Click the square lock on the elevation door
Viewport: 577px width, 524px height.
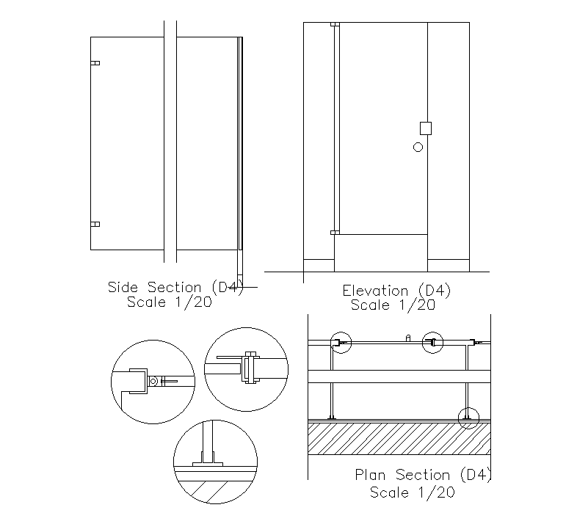[x=426, y=128]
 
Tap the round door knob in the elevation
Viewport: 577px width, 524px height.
[x=418, y=147]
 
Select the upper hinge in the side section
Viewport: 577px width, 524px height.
[x=95, y=64]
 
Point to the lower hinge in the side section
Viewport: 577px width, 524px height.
[x=95, y=224]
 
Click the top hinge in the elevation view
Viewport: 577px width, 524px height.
[x=335, y=25]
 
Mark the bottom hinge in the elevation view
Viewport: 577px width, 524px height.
[x=335, y=233]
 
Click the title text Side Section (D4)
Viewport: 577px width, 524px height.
[x=175, y=287]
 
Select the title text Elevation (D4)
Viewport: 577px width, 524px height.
[x=396, y=291]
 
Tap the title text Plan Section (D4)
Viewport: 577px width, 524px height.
[x=422, y=475]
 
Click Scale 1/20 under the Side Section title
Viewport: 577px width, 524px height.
[x=170, y=302]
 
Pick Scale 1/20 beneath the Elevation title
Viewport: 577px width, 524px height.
[x=393, y=305]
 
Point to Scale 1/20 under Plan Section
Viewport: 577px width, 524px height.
[x=412, y=492]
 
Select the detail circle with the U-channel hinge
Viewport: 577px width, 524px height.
[x=153, y=382]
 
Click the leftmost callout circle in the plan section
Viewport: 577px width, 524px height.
[x=341, y=342]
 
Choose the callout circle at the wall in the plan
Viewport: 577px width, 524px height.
[x=468, y=418]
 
